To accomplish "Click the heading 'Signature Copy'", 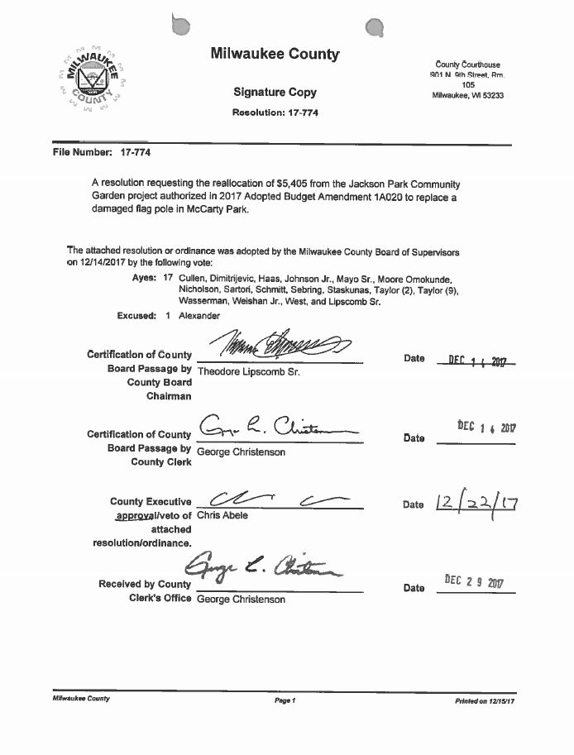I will [275, 92].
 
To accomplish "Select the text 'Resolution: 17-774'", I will [275, 112].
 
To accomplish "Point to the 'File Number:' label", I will [82, 153].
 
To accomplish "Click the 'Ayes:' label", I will [144, 279].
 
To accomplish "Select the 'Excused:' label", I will [136, 316].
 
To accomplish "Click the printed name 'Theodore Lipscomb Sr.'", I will [248, 372].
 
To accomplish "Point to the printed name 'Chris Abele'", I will [222, 515].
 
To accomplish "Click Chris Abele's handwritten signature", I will [273, 498].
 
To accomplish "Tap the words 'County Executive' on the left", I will [151, 501].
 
